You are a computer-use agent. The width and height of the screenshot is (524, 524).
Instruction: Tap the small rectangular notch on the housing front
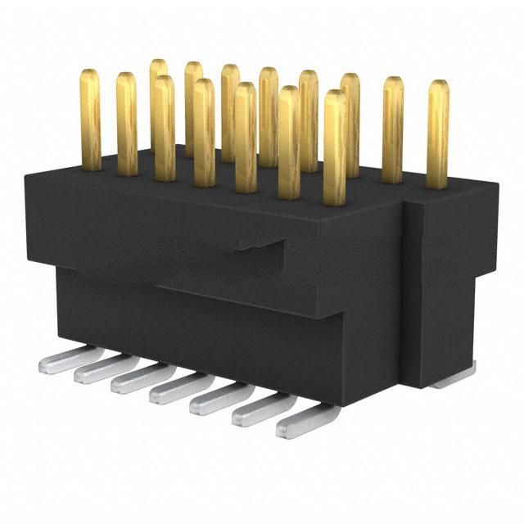click(262, 246)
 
